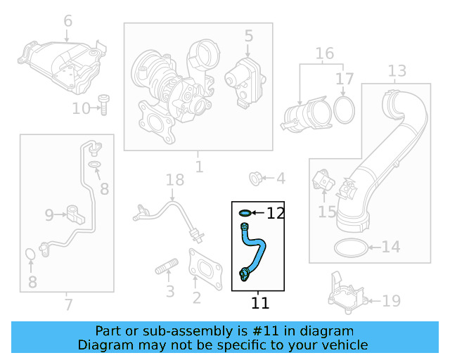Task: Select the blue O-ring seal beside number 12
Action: [x=244, y=212]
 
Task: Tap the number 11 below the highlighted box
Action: [x=259, y=304]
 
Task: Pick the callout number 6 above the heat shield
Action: [x=67, y=21]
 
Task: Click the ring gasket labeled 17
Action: [x=343, y=109]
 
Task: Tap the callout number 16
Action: [x=324, y=54]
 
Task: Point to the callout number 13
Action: [x=397, y=70]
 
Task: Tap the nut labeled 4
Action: [x=257, y=177]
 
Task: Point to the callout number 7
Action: [x=67, y=305]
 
